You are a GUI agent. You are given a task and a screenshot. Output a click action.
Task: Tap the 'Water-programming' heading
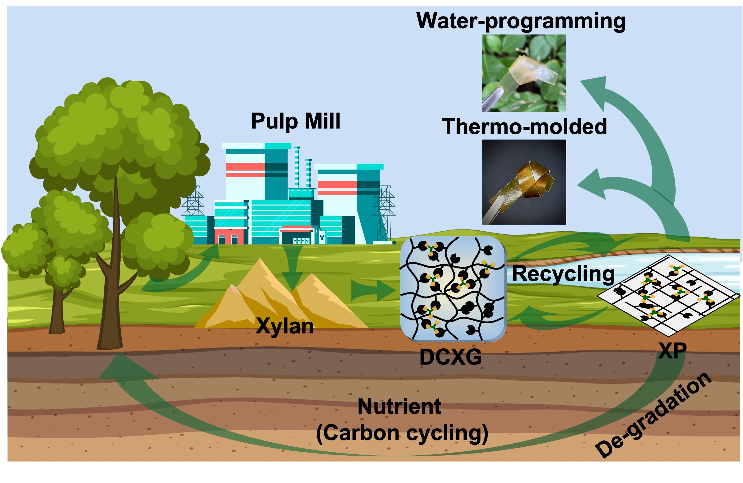(x=521, y=21)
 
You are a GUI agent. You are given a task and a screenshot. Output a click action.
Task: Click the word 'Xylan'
(x=284, y=326)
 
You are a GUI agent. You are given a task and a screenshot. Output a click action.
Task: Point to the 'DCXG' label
(x=450, y=357)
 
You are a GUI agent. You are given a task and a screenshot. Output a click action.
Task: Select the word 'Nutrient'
(x=399, y=407)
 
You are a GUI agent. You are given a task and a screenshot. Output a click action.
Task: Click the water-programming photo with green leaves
(x=524, y=73)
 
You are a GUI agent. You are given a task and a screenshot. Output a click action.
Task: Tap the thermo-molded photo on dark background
(x=524, y=182)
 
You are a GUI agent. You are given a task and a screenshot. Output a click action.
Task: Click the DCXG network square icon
(x=453, y=289)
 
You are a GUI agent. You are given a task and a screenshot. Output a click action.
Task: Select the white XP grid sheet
(x=668, y=295)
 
